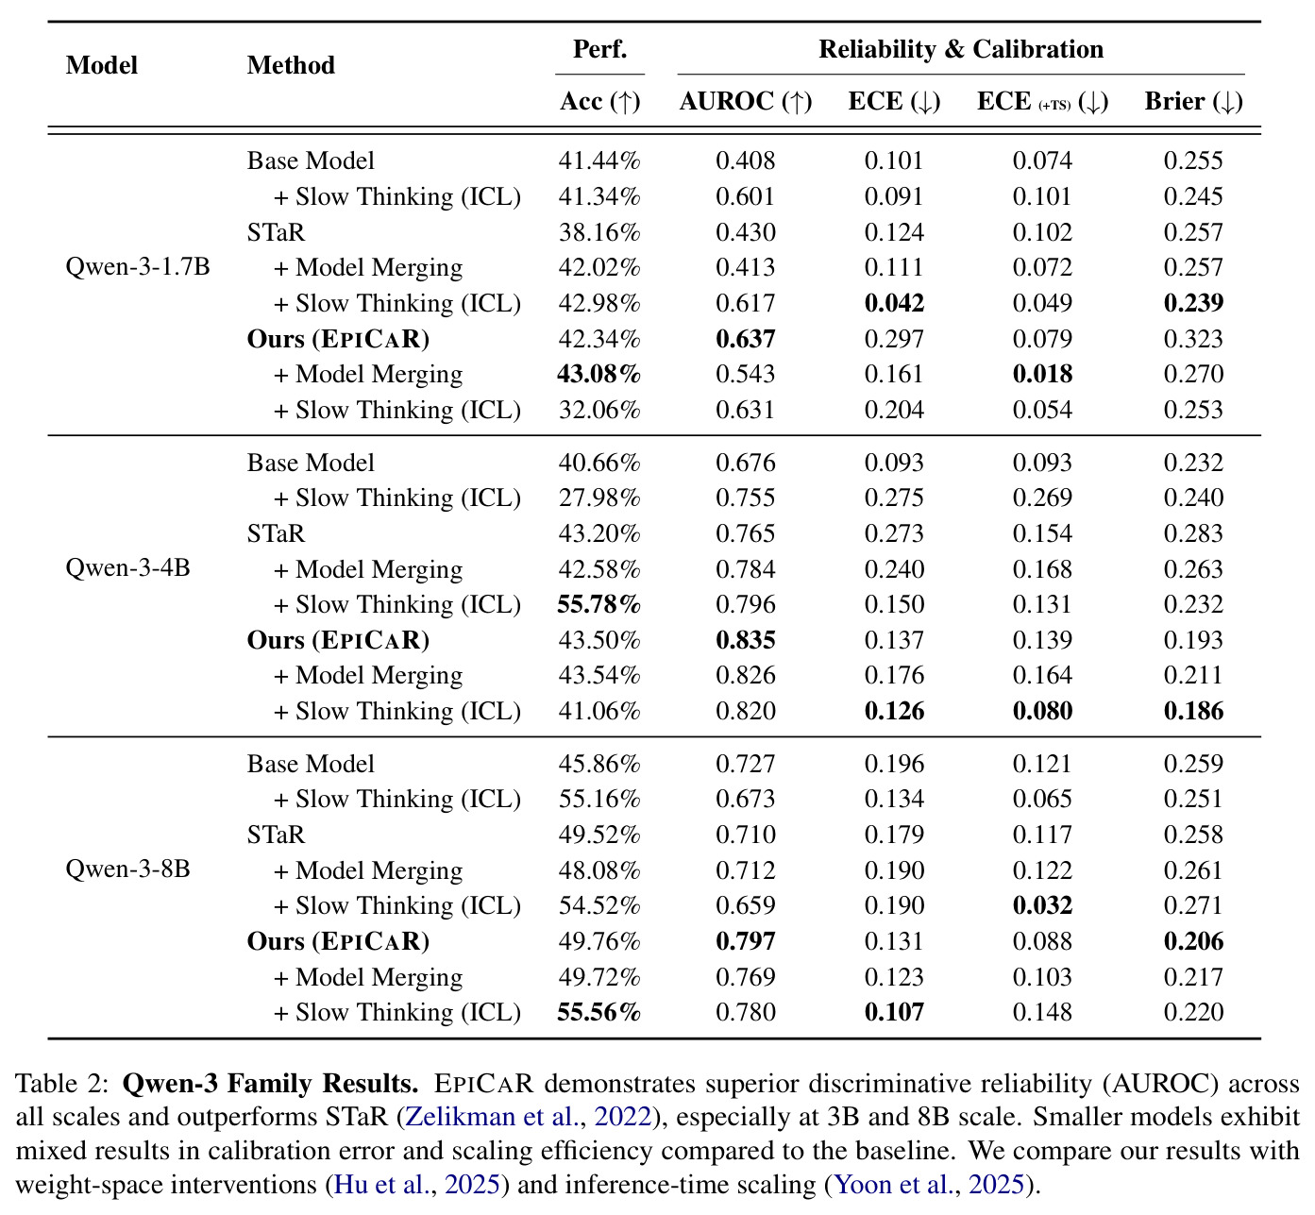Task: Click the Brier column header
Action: (x=1193, y=101)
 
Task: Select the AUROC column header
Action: (x=746, y=101)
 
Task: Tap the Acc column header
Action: (x=599, y=101)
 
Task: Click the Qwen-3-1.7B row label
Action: (x=138, y=267)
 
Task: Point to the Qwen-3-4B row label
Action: (x=127, y=567)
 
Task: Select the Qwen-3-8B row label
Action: (x=127, y=869)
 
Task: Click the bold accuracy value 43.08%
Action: (x=599, y=374)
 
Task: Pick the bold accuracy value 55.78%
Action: (x=599, y=605)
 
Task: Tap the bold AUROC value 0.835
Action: (x=746, y=641)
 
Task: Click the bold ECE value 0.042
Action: (x=895, y=303)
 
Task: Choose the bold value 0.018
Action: (x=1042, y=374)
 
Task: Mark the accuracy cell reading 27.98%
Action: (x=599, y=498)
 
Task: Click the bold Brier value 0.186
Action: (x=1194, y=712)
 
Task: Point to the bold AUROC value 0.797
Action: (x=746, y=941)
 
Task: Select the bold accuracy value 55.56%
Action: (x=599, y=1012)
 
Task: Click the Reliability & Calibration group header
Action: (x=961, y=50)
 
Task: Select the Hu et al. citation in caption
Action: (x=382, y=1184)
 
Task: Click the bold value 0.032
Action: (x=1042, y=905)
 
